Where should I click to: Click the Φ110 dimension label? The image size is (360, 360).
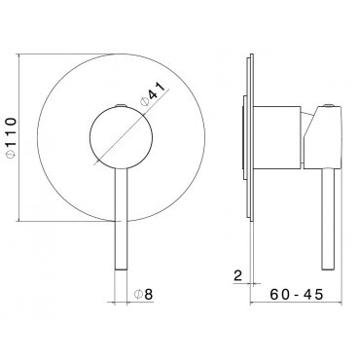(x=11, y=137)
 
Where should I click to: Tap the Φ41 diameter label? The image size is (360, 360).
(x=153, y=93)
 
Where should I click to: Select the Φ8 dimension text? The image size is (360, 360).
(x=143, y=294)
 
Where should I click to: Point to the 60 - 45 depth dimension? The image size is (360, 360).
(x=297, y=294)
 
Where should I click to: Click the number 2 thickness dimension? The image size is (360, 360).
(x=238, y=276)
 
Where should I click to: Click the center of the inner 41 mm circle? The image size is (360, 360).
(x=121, y=137)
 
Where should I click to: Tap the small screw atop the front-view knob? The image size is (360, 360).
(x=121, y=105)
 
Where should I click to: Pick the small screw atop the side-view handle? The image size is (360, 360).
(x=329, y=105)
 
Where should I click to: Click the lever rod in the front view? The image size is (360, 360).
(x=121, y=219)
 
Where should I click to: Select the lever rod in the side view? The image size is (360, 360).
(x=328, y=220)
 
